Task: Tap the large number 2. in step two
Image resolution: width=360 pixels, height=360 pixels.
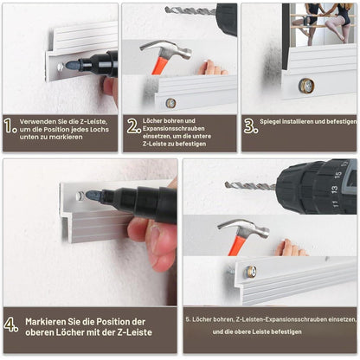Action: [134, 126]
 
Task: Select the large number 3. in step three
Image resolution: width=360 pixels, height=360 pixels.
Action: [251, 126]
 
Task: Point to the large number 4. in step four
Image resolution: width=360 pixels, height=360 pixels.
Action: [11, 325]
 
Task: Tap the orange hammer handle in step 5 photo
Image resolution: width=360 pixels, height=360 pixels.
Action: [237, 247]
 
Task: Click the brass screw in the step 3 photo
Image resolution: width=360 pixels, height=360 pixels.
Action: [306, 86]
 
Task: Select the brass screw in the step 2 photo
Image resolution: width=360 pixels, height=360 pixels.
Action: [170, 103]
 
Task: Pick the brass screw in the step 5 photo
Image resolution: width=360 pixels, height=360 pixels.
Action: [251, 272]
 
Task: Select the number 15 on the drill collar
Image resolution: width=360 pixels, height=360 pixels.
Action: [337, 175]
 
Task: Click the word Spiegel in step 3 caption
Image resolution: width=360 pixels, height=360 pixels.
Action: [270, 122]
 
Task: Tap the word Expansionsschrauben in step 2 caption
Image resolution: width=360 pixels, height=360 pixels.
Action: [174, 128]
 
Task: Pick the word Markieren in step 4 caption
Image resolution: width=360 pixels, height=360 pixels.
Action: [46, 322]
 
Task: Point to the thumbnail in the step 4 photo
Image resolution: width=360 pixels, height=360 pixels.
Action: [154, 230]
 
